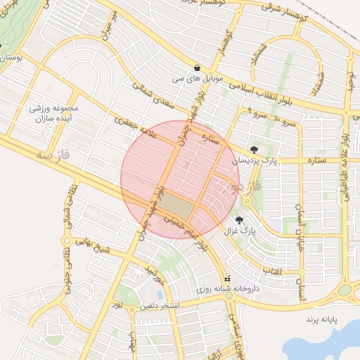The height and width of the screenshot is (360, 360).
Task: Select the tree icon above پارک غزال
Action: [249, 220]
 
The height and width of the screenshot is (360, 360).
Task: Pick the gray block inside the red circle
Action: [180, 210]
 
